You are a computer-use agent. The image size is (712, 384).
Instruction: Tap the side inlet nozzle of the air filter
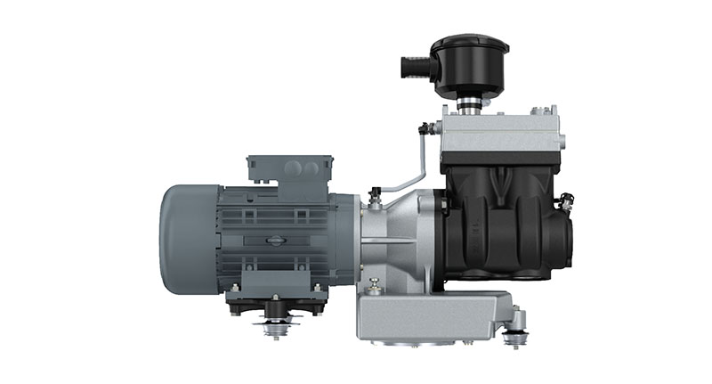tap(412, 66)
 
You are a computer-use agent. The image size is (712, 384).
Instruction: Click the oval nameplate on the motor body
tap(274, 238)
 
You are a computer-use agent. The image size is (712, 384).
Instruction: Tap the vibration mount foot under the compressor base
tap(514, 337)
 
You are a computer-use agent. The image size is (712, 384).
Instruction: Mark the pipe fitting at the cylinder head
tap(429, 129)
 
